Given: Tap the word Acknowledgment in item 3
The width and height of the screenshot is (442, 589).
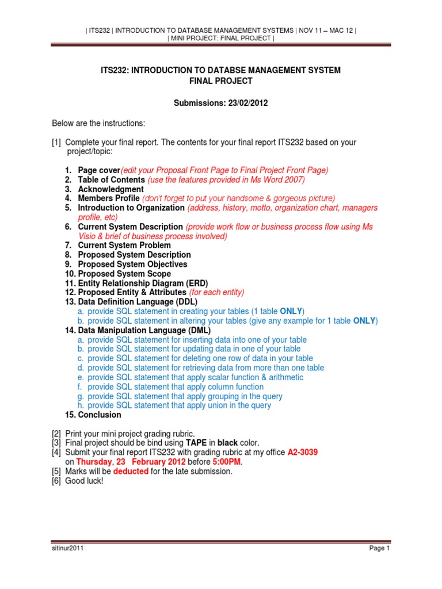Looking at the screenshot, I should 111,189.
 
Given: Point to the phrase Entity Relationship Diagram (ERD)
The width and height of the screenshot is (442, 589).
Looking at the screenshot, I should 143,283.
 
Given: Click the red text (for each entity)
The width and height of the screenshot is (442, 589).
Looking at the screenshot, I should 216,292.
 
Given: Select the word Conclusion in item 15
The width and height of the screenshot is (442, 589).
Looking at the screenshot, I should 100,415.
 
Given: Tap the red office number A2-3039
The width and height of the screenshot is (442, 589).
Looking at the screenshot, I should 302,453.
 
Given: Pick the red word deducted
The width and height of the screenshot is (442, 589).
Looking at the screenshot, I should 131,472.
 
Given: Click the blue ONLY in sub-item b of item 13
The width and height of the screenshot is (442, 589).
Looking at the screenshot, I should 364,320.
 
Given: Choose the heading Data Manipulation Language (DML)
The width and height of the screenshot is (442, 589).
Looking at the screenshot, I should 144,330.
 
